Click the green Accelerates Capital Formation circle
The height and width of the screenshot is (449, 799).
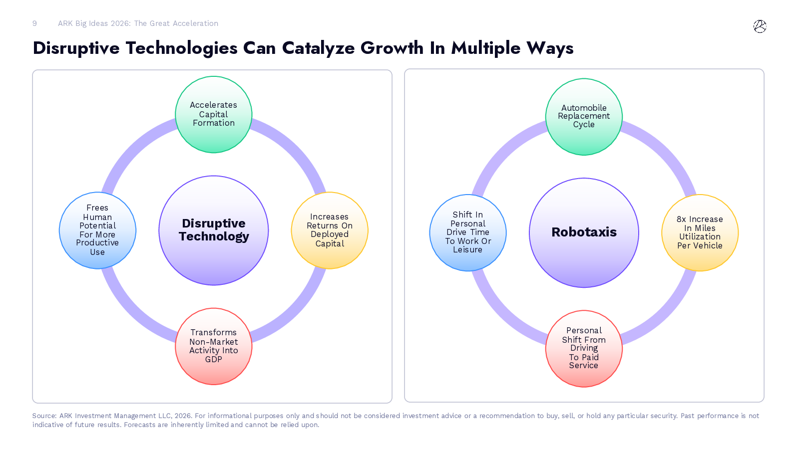click(x=214, y=114)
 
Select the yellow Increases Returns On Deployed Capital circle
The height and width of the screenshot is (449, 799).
click(x=330, y=230)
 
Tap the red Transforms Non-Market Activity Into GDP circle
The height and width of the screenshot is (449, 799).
click(x=214, y=346)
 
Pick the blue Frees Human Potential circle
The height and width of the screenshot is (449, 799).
click(x=97, y=230)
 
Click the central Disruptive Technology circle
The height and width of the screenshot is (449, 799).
click(x=214, y=230)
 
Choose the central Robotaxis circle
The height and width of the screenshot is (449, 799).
click(x=584, y=232)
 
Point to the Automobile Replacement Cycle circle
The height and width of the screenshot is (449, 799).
click(x=584, y=117)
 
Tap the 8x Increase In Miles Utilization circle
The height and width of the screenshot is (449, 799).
click(x=700, y=232)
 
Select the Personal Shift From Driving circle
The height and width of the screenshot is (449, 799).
click(x=584, y=349)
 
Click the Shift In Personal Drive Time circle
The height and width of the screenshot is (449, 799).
click(x=468, y=232)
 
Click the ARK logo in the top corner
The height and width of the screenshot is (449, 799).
click(x=760, y=26)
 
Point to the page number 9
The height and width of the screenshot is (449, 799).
click(x=34, y=23)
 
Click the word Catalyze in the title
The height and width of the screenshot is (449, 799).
click(x=319, y=48)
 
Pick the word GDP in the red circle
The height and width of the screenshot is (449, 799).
click(x=214, y=359)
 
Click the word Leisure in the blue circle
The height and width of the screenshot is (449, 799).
click(x=467, y=250)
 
